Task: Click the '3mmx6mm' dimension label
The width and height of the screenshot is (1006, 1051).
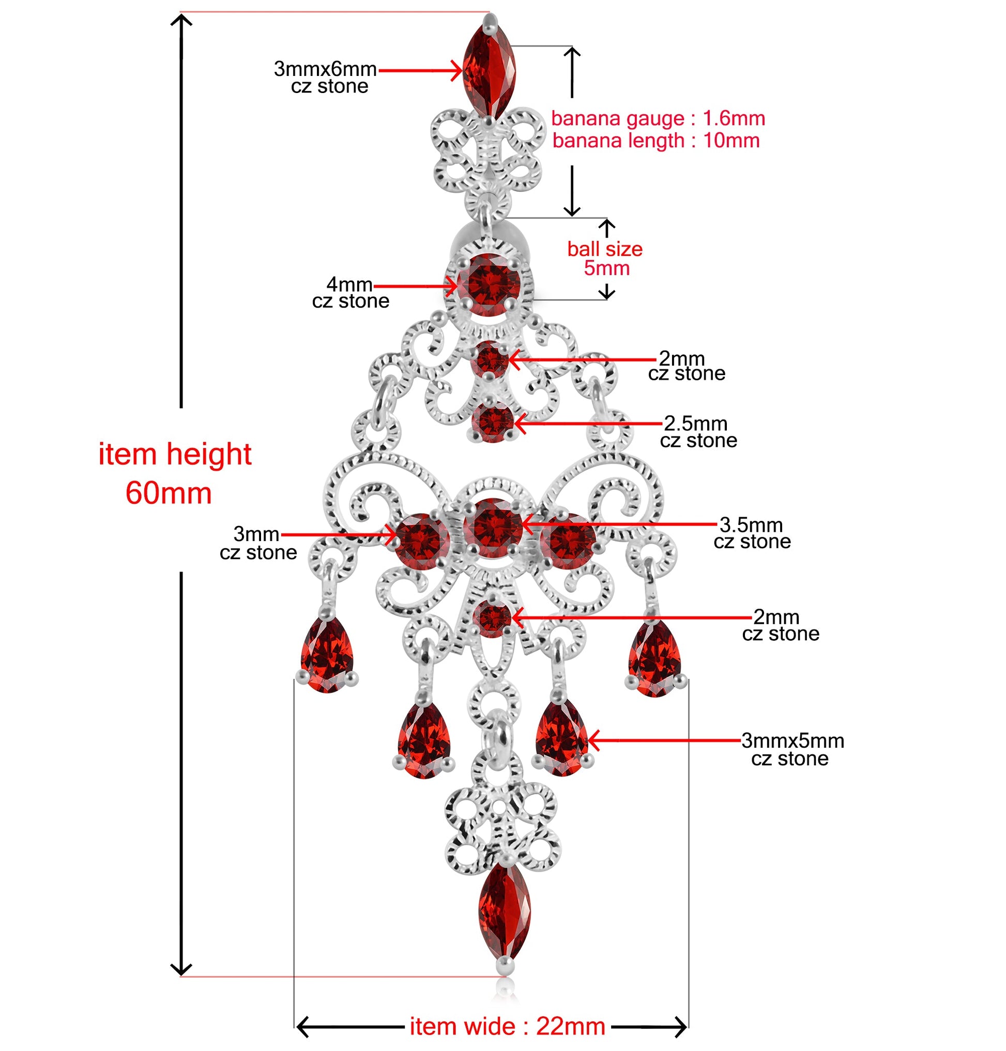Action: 325,69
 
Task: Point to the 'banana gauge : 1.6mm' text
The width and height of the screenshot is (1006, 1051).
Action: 658,118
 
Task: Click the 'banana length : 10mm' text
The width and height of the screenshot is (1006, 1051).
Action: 656,141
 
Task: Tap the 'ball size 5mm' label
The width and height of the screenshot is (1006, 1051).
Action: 605,258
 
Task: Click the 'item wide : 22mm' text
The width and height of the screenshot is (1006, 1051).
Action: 507,1026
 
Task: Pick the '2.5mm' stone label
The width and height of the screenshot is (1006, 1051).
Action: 695,423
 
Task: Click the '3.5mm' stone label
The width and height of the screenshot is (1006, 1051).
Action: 751,524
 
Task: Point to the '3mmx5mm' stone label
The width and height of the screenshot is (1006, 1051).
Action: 792,741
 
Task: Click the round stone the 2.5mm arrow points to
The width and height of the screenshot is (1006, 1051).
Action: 493,422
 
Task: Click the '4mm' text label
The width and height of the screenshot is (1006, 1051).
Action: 349,284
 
